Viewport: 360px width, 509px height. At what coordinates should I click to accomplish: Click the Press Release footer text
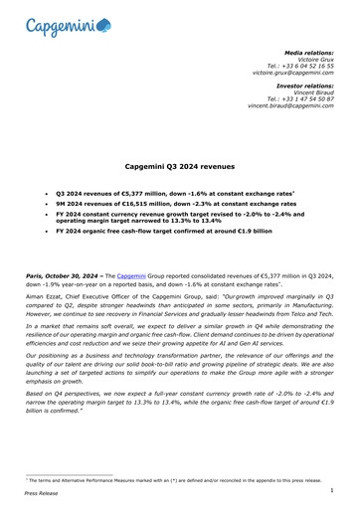(40, 492)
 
